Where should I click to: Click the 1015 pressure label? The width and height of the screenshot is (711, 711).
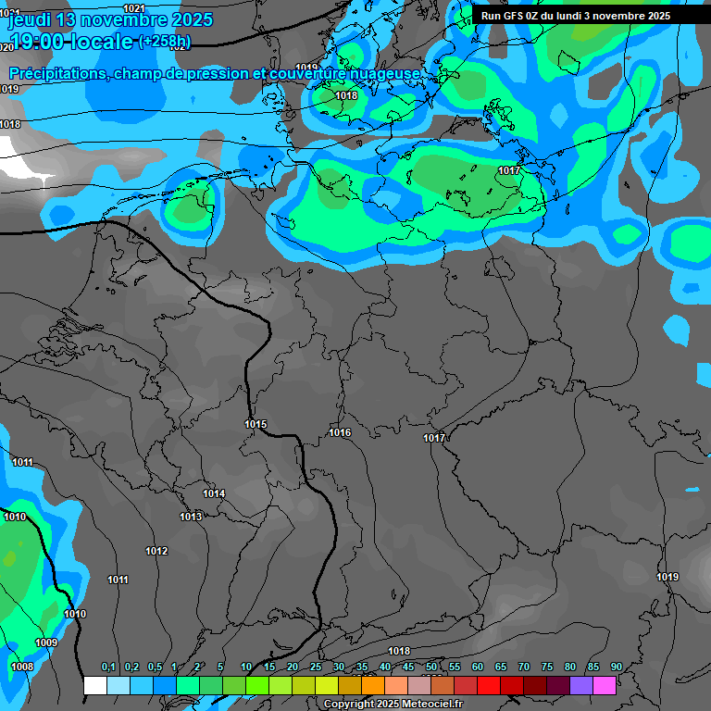256,424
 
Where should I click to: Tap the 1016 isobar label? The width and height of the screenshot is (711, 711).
340,432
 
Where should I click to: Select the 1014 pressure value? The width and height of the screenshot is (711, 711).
214,493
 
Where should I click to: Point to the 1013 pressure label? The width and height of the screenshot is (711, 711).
191,517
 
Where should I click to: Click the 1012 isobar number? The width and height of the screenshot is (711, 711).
156,551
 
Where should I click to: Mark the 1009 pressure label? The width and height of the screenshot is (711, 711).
46,642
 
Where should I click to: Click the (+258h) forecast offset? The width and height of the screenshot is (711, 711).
165,42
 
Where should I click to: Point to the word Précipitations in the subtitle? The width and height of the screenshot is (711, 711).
57,73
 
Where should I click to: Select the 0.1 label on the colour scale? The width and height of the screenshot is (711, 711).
108,667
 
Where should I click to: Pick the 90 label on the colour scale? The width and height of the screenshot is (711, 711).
616,667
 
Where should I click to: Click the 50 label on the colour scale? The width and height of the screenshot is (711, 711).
431,667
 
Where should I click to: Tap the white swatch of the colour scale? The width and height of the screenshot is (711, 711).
94,685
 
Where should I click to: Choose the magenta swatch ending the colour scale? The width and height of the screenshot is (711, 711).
605,685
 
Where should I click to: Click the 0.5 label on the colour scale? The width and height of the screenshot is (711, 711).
155,667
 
